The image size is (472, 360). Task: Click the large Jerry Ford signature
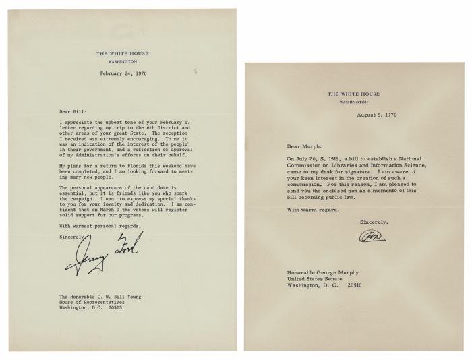pyautogui.click(x=100, y=257)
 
